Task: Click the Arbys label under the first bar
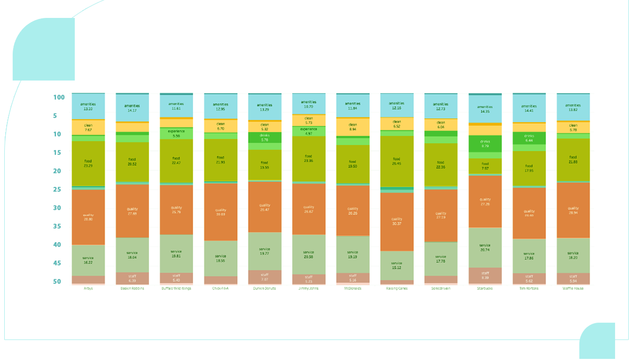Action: pyautogui.click(x=88, y=288)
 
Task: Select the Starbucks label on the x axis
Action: pyautogui.click(x=485, y=288)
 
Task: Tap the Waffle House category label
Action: pyautogui.click(x=573, y=288)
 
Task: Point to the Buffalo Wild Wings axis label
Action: pyautogui.click(x=176, y=288)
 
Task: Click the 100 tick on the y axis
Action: pyautogui.click(x=58, y=97)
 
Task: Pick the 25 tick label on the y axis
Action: pyautogui.click(x=58, y=189)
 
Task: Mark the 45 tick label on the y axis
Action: pyautogui.click(x=58, y=263)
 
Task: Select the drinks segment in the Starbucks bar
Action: pyautogui.click(x=485, y=143)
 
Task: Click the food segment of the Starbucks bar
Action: pyautogui.click(x=485, y=166)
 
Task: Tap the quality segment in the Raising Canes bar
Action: pyautogui.click(x=397, y=221)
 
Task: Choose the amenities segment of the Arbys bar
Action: pyautogui.click(x=88, y=107)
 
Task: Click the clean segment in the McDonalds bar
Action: pyautogui.click(x=353, y=127)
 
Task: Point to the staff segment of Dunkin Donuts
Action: pyautogui.click(x=264, y=277)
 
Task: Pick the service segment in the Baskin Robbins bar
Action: pyautogui.click(x=132, y=255)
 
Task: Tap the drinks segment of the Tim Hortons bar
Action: pyautogui.click(x=529, y=138)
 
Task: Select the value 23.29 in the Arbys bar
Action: pyautogui.click(x=88, y=166)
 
